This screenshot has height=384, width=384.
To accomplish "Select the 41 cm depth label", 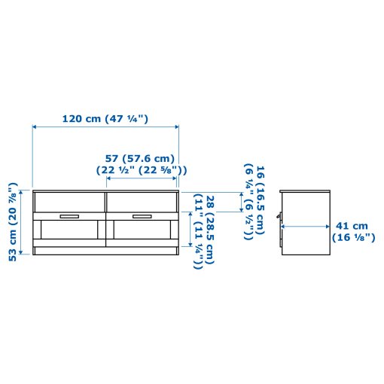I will [x=352, y=225].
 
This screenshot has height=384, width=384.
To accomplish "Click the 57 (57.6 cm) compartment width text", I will [x=139, y=158].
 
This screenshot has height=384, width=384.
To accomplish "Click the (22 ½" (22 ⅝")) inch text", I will [x=141, y=169].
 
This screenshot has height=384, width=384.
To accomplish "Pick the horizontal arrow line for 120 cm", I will [x=105, y=129].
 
